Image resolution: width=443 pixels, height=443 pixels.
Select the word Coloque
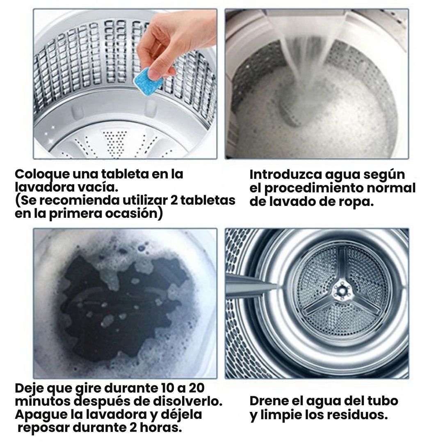click(x=42, y=175)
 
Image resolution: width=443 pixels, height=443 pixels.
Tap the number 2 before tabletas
click(x=174, y=200)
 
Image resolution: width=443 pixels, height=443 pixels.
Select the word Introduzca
click(x=285, y=175)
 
